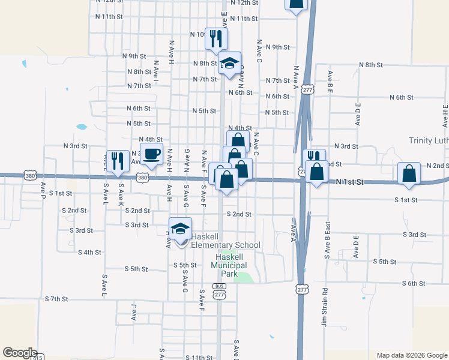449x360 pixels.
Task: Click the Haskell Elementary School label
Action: tap(225, 245)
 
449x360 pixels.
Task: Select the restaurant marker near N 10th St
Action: tap(216, 40)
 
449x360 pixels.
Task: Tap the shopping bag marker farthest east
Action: tap(409, 174)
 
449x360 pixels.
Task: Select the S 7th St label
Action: tap(57, 299)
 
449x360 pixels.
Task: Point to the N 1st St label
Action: tap(350, 181)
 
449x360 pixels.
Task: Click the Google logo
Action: tap(20, 353)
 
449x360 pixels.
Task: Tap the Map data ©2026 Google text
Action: tap(411, 355)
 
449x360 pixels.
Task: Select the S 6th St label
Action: tap(413, 283)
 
